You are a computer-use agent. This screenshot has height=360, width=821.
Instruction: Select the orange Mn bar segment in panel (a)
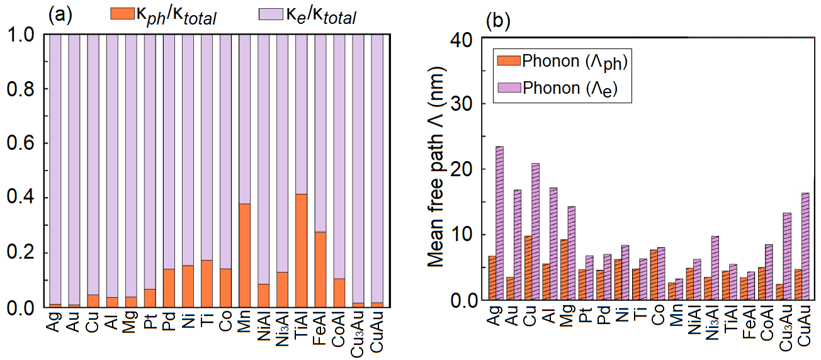(244, 256)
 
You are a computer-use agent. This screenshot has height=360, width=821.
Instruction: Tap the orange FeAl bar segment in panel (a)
(320, 269)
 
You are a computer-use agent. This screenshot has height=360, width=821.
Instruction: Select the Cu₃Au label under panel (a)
(358, 327)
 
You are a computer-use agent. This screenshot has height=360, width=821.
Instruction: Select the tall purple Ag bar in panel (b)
(500, 223)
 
